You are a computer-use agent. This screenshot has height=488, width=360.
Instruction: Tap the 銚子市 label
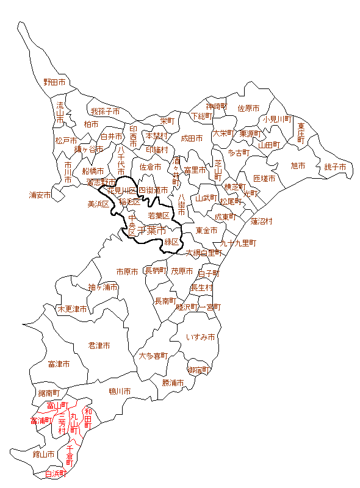(335, 167)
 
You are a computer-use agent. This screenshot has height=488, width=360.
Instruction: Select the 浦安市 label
(41, 195)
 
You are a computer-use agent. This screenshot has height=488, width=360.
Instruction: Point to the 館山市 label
(44, 454)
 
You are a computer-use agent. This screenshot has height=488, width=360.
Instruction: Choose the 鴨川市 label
(120, 391)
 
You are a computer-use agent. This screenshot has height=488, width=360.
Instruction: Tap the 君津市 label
(99, 345)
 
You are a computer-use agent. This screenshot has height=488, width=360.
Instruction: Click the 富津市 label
(59, 364)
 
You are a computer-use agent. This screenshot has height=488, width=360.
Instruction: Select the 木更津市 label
(72, 309)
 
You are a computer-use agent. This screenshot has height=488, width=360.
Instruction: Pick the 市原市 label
(128, 271)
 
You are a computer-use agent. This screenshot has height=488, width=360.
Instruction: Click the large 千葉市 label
(152, 231)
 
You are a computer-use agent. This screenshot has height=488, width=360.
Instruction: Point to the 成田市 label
(192, 138)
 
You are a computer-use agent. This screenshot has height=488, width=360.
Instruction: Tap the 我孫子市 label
(105, 112)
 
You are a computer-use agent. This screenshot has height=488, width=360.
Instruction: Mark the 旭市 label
(298, 165)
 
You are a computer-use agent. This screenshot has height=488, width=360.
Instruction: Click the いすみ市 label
(201, 337)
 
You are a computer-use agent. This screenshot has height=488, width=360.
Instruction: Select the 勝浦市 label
(173, 383)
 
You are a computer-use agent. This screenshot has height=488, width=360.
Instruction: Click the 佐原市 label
(248, 108)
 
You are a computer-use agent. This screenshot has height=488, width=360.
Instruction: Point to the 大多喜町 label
(153, 355)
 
